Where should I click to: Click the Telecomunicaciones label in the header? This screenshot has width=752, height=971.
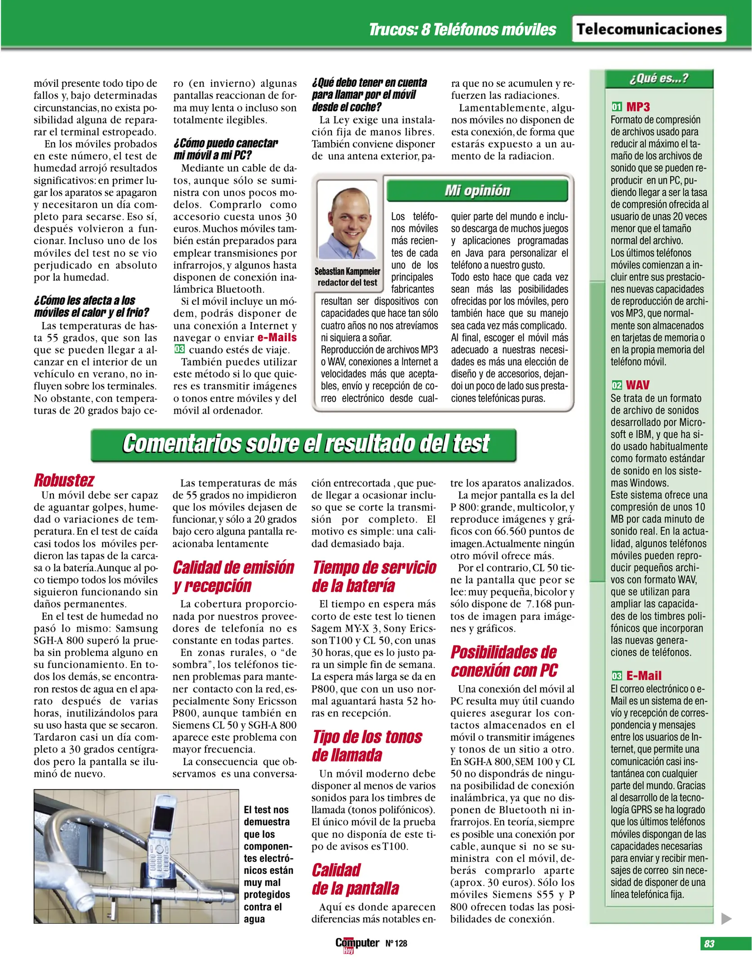point(649,29)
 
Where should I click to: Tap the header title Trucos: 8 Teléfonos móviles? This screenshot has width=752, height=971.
point(462,30)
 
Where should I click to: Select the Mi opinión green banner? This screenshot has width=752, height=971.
point(477,191)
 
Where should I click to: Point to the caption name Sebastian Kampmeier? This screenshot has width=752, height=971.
point(347,271)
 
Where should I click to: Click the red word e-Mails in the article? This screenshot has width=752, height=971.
point(277,338)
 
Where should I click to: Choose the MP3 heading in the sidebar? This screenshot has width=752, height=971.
point(638,107)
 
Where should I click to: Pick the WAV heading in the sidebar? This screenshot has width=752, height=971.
point(637,385)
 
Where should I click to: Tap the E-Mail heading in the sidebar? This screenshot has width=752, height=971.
point(644,676)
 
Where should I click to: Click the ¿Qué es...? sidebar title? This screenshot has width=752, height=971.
point(659,79)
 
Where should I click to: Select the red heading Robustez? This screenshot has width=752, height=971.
point(64,480)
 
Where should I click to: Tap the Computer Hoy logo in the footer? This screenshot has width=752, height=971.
point(356,944)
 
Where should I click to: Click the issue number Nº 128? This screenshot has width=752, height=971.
point(396,944)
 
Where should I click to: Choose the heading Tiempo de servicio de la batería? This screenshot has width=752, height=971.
point(374,577)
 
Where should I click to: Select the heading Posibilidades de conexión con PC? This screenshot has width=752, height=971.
point(504,661)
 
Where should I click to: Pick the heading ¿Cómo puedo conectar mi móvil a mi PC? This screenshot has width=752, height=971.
point(226,149)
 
